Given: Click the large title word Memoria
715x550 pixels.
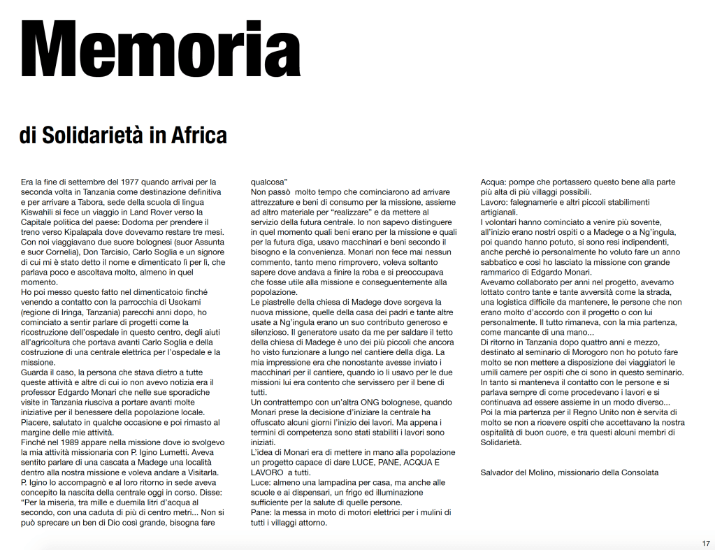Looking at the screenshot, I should pos(161,50).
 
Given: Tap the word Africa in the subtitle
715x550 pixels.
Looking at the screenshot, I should pos(196,135).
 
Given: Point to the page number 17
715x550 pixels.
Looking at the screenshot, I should pos(706,543).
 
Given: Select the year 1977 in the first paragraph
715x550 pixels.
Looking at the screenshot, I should pos(131,182).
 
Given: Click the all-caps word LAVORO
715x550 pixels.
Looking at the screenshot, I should pos(268,472).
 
